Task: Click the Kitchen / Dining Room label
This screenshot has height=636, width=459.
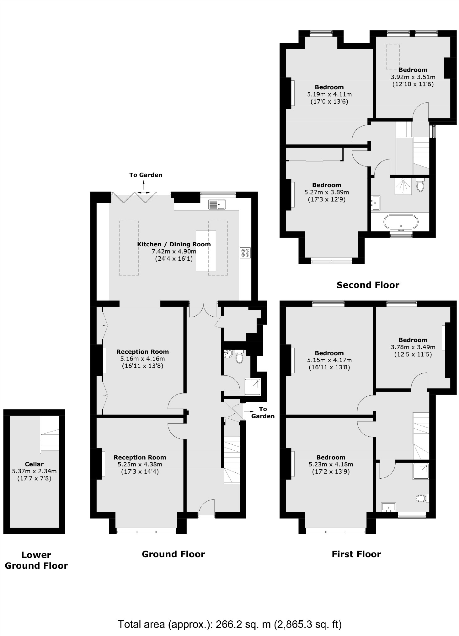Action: tap(174, 244)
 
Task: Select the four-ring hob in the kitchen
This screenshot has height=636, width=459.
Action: tap(245, 253)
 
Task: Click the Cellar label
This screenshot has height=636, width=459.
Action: tap(34, 464)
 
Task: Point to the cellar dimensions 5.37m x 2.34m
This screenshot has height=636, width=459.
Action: tap(34, 471)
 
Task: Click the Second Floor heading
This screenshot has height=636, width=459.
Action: tap(368, 285)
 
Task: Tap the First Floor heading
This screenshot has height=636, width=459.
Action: tap(356, 554)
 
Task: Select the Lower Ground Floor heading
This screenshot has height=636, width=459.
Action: tap(36, 560)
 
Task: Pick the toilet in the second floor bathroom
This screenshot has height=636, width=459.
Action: tap(420, 185)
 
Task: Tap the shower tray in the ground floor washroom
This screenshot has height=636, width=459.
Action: tap(253, 387)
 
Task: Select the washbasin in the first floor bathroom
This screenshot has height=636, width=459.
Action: tap(389, 507)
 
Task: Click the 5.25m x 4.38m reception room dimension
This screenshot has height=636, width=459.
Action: tap(140, 465)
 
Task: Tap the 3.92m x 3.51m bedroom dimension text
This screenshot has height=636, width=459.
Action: tap(413, 77)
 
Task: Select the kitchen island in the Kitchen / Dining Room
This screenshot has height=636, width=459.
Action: tap(206, 251)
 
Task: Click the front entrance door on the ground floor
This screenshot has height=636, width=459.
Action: tap(206, 508)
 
